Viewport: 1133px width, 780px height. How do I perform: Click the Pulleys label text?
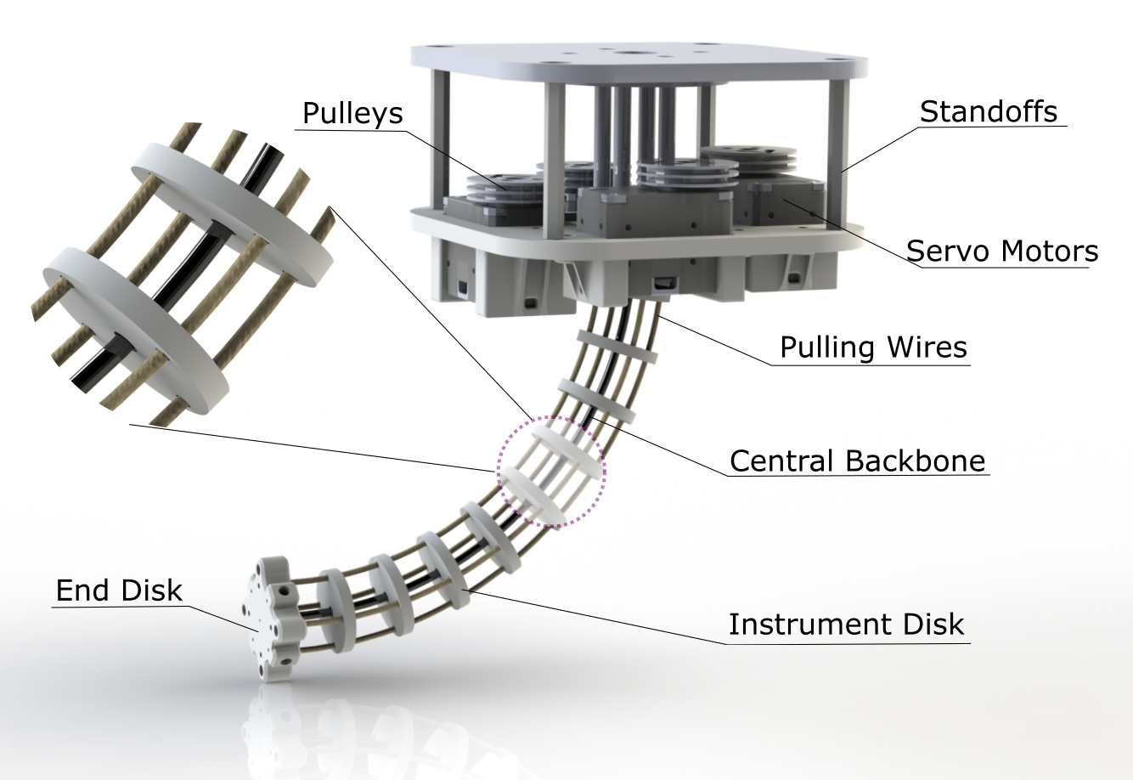352,113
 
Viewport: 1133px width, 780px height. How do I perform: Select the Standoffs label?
989,111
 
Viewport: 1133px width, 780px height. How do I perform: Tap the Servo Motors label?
1001,252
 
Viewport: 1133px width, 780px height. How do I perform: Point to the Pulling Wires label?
873,348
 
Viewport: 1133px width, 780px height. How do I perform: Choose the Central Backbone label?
857,461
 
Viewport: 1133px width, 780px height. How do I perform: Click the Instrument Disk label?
846,625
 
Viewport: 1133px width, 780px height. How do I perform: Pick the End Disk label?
119,591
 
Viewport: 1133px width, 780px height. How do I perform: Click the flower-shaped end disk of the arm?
270,619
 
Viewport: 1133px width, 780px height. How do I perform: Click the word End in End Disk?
83,591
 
